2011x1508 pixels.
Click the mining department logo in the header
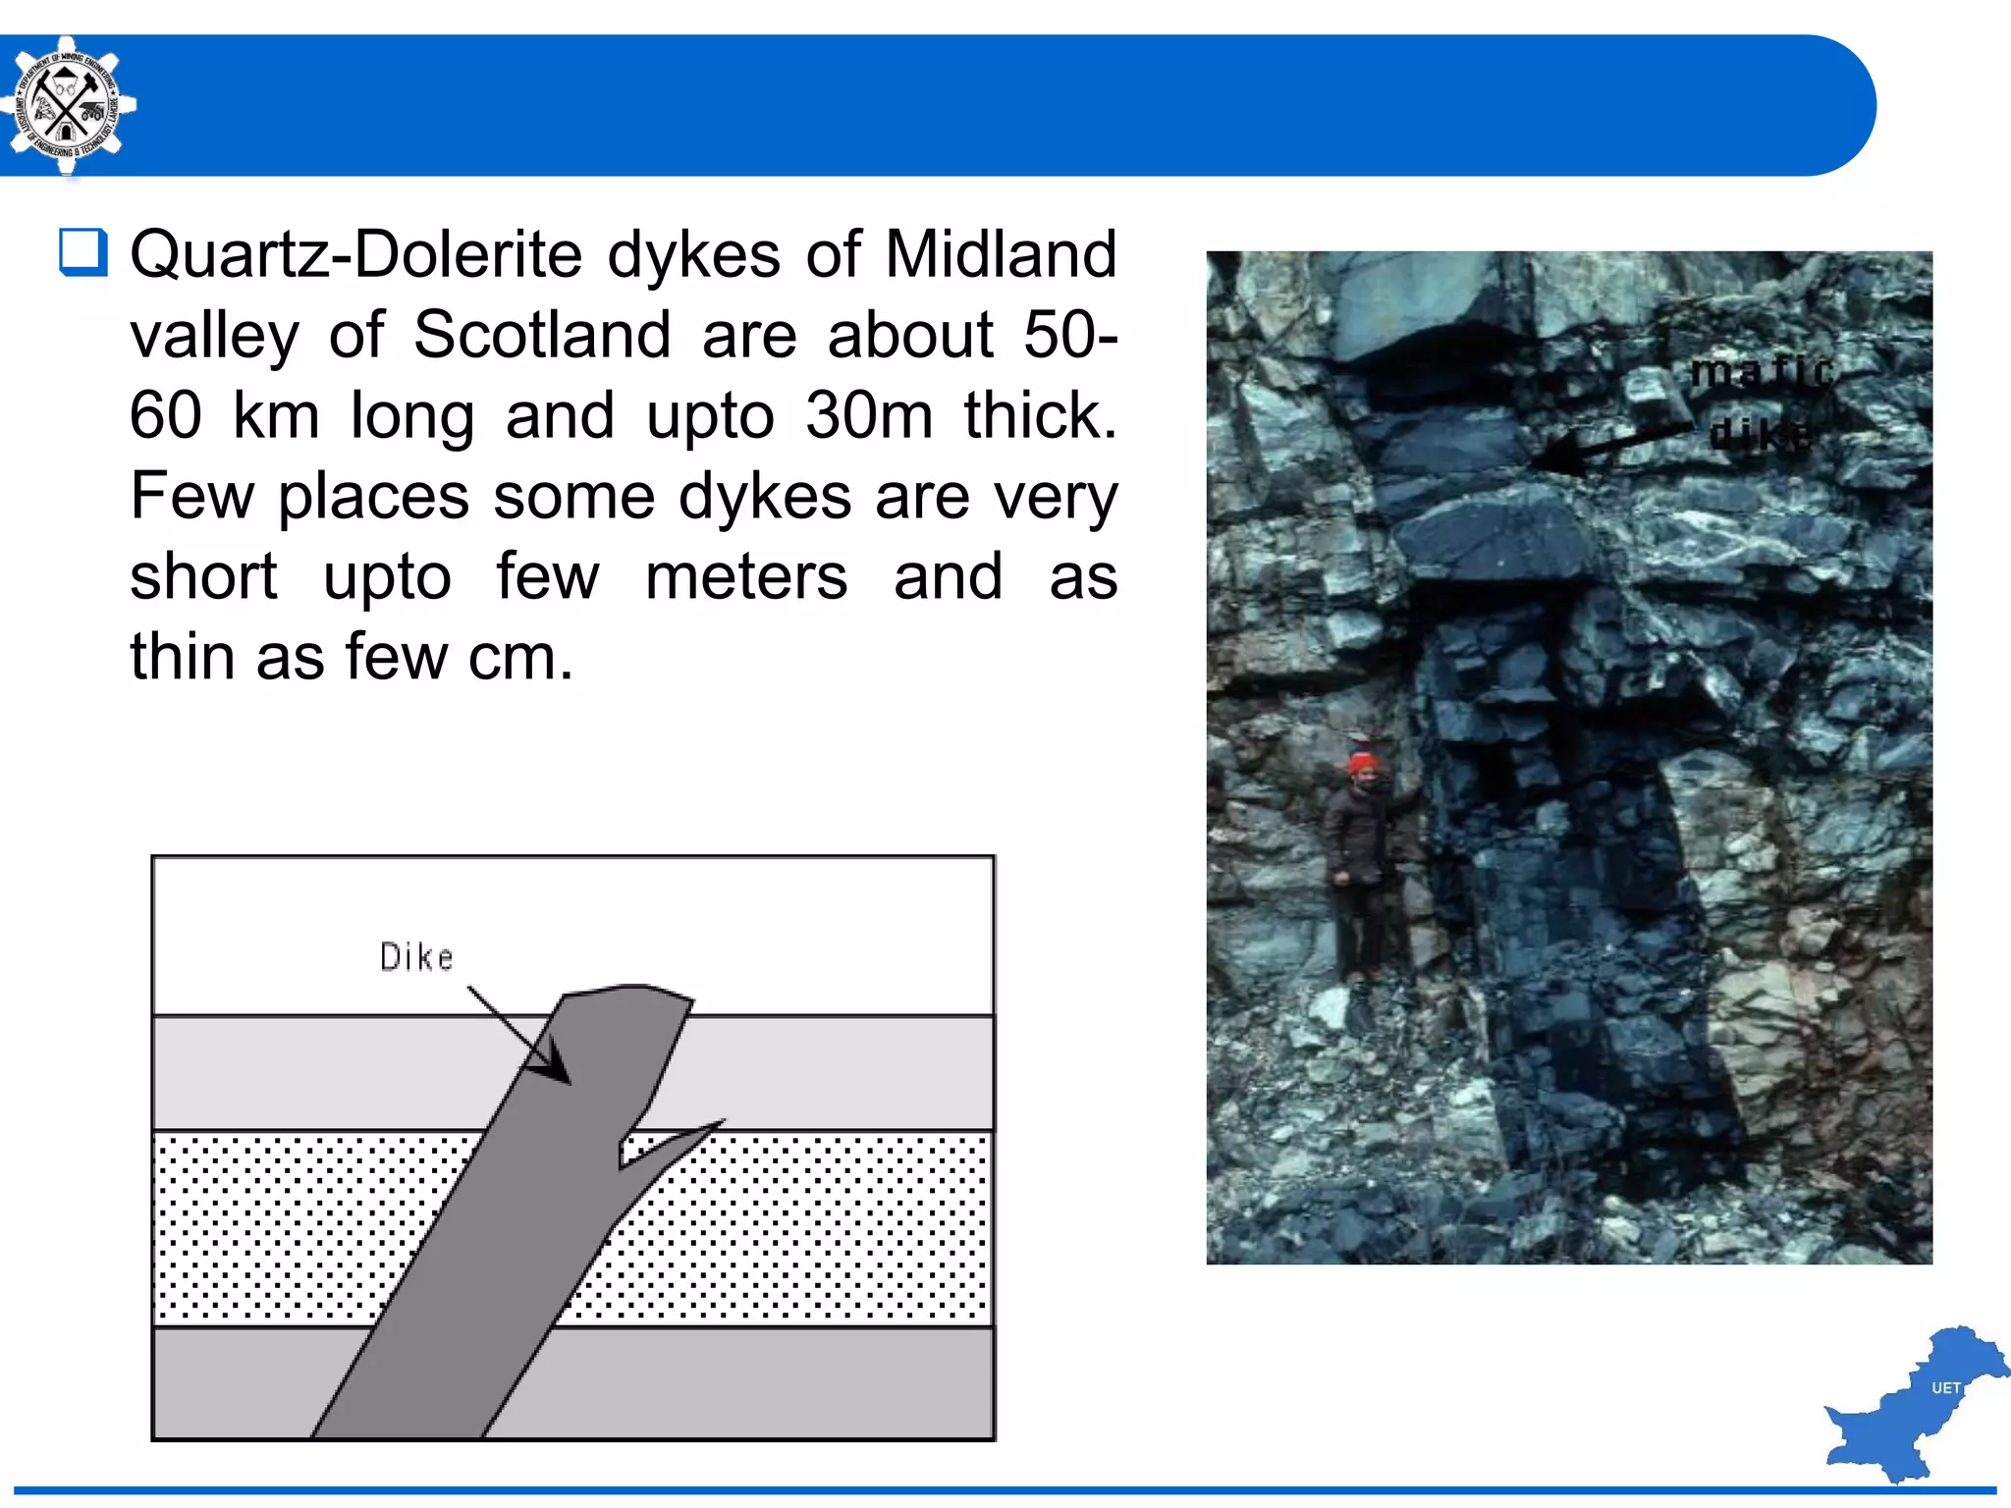click(66, 106)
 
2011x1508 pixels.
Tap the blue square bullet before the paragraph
click(82, 252)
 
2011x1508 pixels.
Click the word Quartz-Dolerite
click(355, 255)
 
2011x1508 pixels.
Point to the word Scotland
click(542, 335)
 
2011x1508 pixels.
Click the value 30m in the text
click(868, 415)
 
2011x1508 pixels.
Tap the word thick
click(1040, 415)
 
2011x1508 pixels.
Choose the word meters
click(746, 576)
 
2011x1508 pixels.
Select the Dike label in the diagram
click(416, 957)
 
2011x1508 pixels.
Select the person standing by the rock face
click(1359, 864)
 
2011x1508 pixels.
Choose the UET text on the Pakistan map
click(1945, 1388)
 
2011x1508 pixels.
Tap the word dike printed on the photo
click(1761, 435)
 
